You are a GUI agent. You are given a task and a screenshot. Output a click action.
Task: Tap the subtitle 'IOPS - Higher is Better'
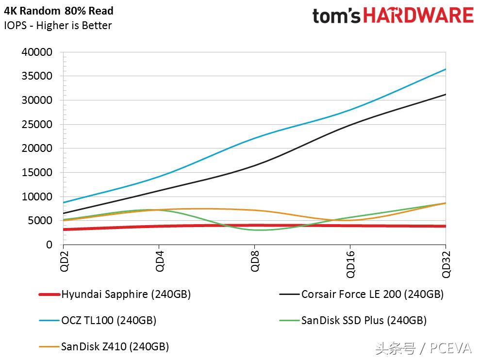tap(58, 26)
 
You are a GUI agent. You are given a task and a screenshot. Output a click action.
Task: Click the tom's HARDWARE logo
tap(393, 16)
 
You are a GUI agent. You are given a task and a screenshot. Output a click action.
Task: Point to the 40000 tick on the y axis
tap(37, 52)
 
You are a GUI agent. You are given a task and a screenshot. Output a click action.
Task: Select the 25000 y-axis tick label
tap(37, 124)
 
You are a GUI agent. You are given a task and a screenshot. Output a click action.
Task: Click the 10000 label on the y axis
tap(37, 196)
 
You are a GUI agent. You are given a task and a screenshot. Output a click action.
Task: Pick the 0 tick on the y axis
tap(49, 245)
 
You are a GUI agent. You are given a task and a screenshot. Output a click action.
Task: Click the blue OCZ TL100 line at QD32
tap(445, 69)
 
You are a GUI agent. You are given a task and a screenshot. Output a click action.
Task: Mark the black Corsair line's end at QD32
tap(445, 95)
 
